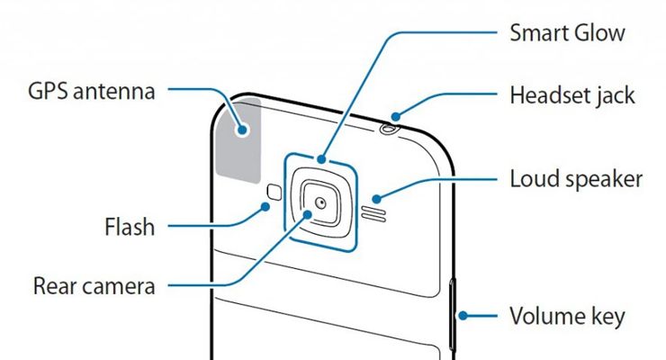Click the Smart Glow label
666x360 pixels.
point(567,34)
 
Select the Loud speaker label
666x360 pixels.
point(576,178)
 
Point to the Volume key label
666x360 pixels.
point(567,316)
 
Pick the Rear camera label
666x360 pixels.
point(94,287)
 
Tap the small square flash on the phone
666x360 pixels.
point(274,192)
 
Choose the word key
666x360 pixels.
point(607,316)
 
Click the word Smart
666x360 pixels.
point(537,34)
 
